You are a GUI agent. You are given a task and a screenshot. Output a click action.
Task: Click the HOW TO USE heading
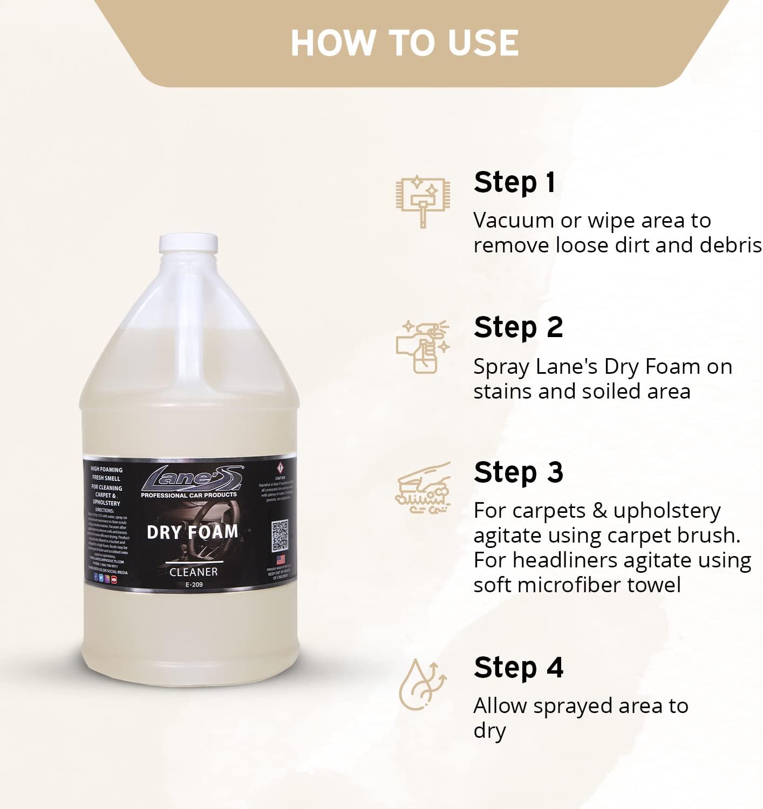coord(405,43)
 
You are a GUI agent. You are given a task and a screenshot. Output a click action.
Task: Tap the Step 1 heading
coord(514,182)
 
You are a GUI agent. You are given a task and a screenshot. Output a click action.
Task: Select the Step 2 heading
coord(518,327)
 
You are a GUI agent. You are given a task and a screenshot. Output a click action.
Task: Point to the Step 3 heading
coord(518,472)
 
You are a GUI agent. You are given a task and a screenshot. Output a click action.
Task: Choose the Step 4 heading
coord(518,668)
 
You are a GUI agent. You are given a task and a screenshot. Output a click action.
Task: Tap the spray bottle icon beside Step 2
coord(423,346)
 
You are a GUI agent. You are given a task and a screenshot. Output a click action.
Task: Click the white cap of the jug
coord(188,244)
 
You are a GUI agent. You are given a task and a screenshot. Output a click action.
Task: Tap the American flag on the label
coord(280,559)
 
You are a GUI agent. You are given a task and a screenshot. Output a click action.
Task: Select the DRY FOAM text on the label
coord(192,532)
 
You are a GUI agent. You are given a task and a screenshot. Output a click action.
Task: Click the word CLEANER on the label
coord(193,572)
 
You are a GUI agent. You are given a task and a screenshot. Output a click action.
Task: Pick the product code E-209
coord(194,585)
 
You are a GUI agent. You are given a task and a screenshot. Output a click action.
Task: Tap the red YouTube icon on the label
coord(114,579)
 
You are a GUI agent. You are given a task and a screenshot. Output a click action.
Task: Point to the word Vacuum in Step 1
coord(506,220)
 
